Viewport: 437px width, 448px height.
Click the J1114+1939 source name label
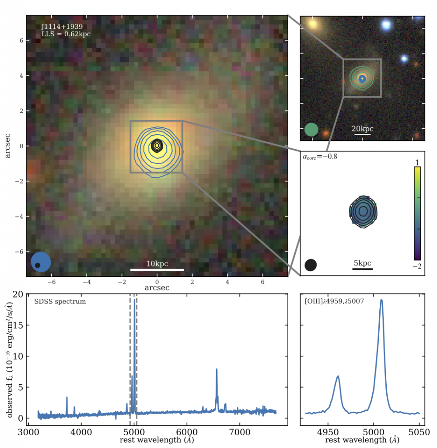(x=62, y=27)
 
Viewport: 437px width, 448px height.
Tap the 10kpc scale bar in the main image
(x=157, y=269)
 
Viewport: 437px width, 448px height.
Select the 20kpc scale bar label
(x=363, y=129)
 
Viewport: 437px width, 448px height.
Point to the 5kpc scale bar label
(x=362, y=263)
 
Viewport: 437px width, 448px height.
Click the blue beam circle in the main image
(x=41, y=262)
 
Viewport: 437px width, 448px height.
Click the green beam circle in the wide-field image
(x=311, y=129)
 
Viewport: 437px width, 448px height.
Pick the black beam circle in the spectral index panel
(x=311, y=265)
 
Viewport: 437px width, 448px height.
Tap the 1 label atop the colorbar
(x=417, y=162)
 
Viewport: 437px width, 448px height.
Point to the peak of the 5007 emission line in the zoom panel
(x=381, y=300)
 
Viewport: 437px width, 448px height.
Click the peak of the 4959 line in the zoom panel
(x=338, y=376)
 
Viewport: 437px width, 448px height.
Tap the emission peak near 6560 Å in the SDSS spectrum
(x=217, y=370)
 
